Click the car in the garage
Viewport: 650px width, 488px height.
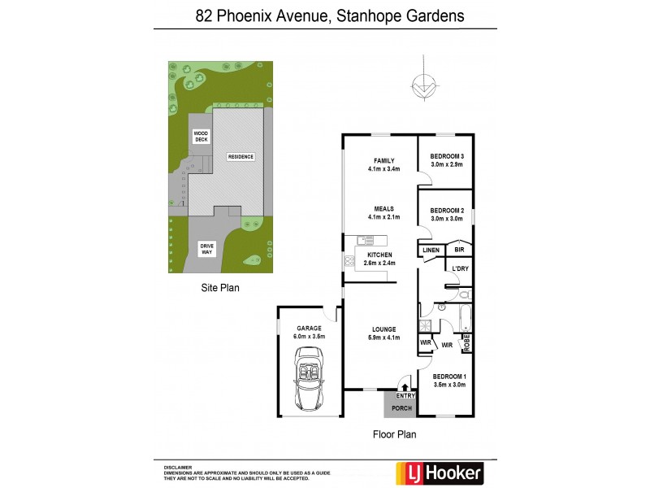tap(308, 379)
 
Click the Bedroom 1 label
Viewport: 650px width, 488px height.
tap(448, 377)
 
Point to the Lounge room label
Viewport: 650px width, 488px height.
tap(383, 329)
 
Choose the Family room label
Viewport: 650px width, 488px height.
tap(383, 161)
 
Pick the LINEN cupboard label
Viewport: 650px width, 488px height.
tap(431, 250)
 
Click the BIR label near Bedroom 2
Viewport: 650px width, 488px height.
tap(459, 250)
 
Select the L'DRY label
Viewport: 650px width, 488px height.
tap(460, 268)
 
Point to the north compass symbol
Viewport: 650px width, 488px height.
tap(422, 82)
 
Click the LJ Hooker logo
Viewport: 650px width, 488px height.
tap(439, 472)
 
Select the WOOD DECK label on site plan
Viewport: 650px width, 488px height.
tap(200, 137)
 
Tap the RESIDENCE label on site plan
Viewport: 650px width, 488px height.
tap(240, 157)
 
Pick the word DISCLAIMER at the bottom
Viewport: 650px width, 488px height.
tap(178, 468)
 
